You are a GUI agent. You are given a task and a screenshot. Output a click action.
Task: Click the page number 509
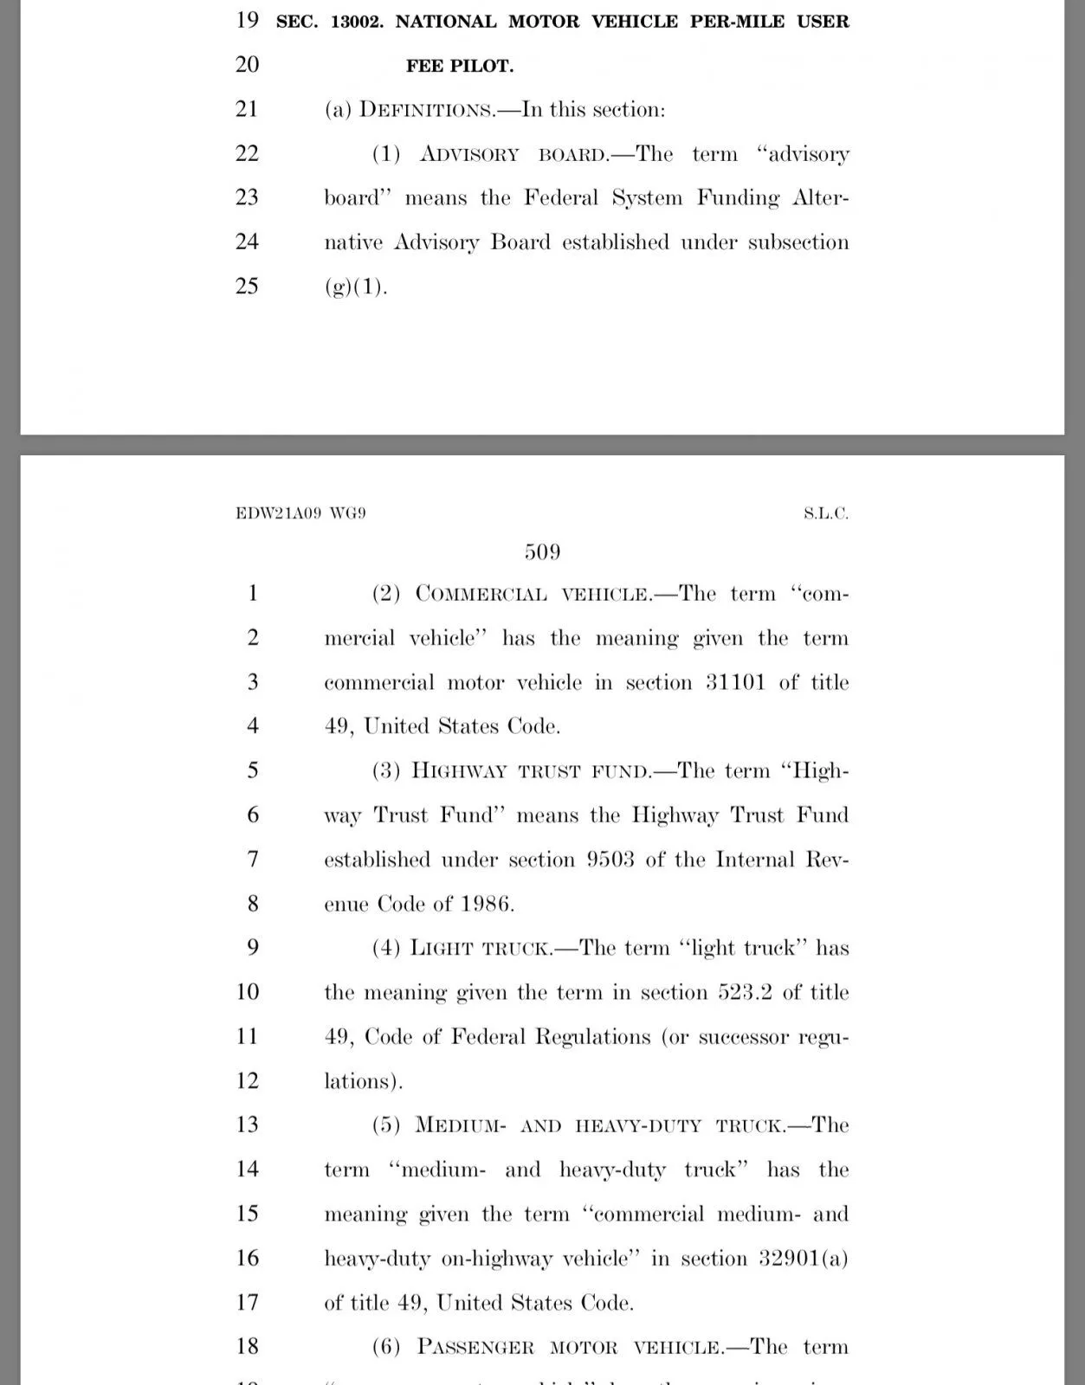[542, 552]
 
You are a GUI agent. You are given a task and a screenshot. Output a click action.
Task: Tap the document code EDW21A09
[278, 513]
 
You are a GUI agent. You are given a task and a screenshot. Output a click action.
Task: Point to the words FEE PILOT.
[460, 66]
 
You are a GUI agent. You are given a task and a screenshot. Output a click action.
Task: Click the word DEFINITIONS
[425, 110]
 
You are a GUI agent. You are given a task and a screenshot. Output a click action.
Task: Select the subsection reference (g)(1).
[356, 287]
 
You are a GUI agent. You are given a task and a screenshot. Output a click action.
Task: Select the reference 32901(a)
[803, 1258]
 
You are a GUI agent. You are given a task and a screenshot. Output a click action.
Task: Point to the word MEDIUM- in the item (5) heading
[461, 1125]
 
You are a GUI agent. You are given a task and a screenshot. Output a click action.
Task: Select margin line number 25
[247, 286]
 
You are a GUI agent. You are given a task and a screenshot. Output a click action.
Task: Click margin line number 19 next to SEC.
[247, 20]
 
